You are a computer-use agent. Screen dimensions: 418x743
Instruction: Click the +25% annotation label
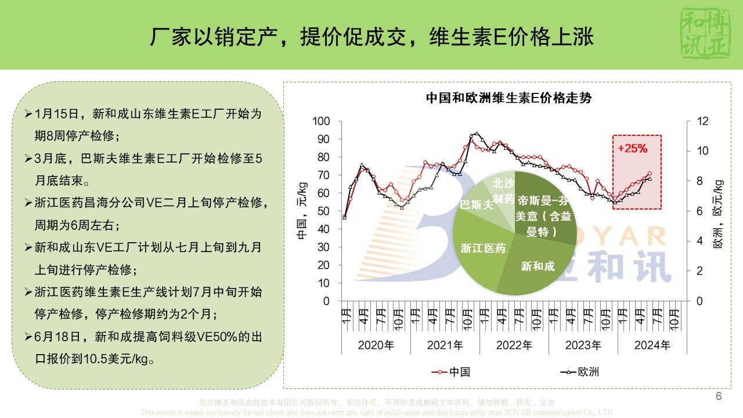tap(632, 148)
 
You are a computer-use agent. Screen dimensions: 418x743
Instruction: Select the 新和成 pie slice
tap(538, 266)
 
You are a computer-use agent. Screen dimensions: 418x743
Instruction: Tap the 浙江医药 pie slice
tap(482, 248)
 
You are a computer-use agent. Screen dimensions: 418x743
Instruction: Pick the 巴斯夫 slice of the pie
tap(477, 204)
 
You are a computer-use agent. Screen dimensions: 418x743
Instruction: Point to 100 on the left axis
tap(321, 121)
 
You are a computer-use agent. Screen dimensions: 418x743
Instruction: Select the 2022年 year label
tap(514, 345)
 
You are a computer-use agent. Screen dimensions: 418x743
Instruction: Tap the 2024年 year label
tap(652, 345)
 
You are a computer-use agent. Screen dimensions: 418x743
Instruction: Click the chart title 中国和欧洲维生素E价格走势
tap(508, 98)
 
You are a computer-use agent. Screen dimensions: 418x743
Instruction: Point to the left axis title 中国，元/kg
tap(302, 211)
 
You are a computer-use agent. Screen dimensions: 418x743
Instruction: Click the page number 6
tap(719, 397)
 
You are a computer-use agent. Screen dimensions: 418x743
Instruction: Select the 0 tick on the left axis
tap(326, 301)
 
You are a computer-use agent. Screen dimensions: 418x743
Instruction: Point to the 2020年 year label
tap(376, 345)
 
